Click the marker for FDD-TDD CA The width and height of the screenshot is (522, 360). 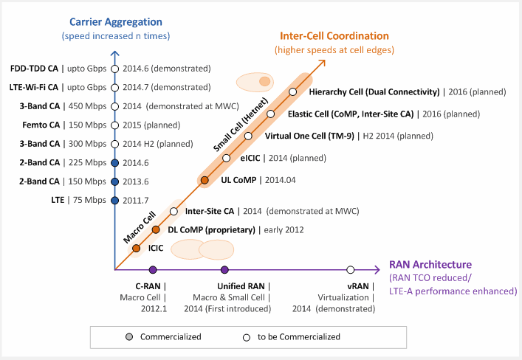pyautogui.click(x=115, y=69)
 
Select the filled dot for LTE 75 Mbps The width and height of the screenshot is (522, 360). pyautogui.click(x=115, y=201)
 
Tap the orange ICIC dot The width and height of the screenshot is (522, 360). pyautogui.click(x=136, y=248)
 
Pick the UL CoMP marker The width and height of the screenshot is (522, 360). pyautogui.click(x=205, y=180)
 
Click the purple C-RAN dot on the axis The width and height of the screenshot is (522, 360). pyautogui.click(x=153, y=270)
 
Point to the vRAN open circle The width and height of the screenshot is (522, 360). pyautogui.click(x=350, y=270)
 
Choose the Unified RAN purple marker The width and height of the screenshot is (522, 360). pyautogui.click(x=224, y=270)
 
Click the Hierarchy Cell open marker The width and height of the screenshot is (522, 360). pyautogui.click(x=292, y=91)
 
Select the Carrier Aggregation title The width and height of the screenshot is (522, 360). pyautogui.click(x=116, y=22)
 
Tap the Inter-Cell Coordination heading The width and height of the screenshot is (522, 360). pyautogui.click(x=334, y=35)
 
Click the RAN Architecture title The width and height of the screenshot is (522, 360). pyautogui.click(x=430, y=265)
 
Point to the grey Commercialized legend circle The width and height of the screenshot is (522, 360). pyautogui.click(x=129, y=336)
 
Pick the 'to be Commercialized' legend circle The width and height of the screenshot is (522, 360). pyautogui.click(x=247, y=338)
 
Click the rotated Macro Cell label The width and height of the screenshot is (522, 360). pyautogui.click(x=140, y=227)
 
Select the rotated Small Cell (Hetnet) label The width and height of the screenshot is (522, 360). pyautogui.click(x=241, y=125)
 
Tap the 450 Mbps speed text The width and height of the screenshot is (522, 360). pyautogui.click(x=88, y=106)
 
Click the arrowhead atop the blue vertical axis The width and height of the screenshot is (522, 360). pyautogui.click(x=115, y=53)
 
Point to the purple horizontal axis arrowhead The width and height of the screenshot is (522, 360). pyautogui.click(x=377, y=270)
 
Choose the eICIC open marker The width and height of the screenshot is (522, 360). pyautogui.click(x=227, y=158)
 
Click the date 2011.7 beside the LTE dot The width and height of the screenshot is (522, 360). pyautogui.click(x=136, y=201)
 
